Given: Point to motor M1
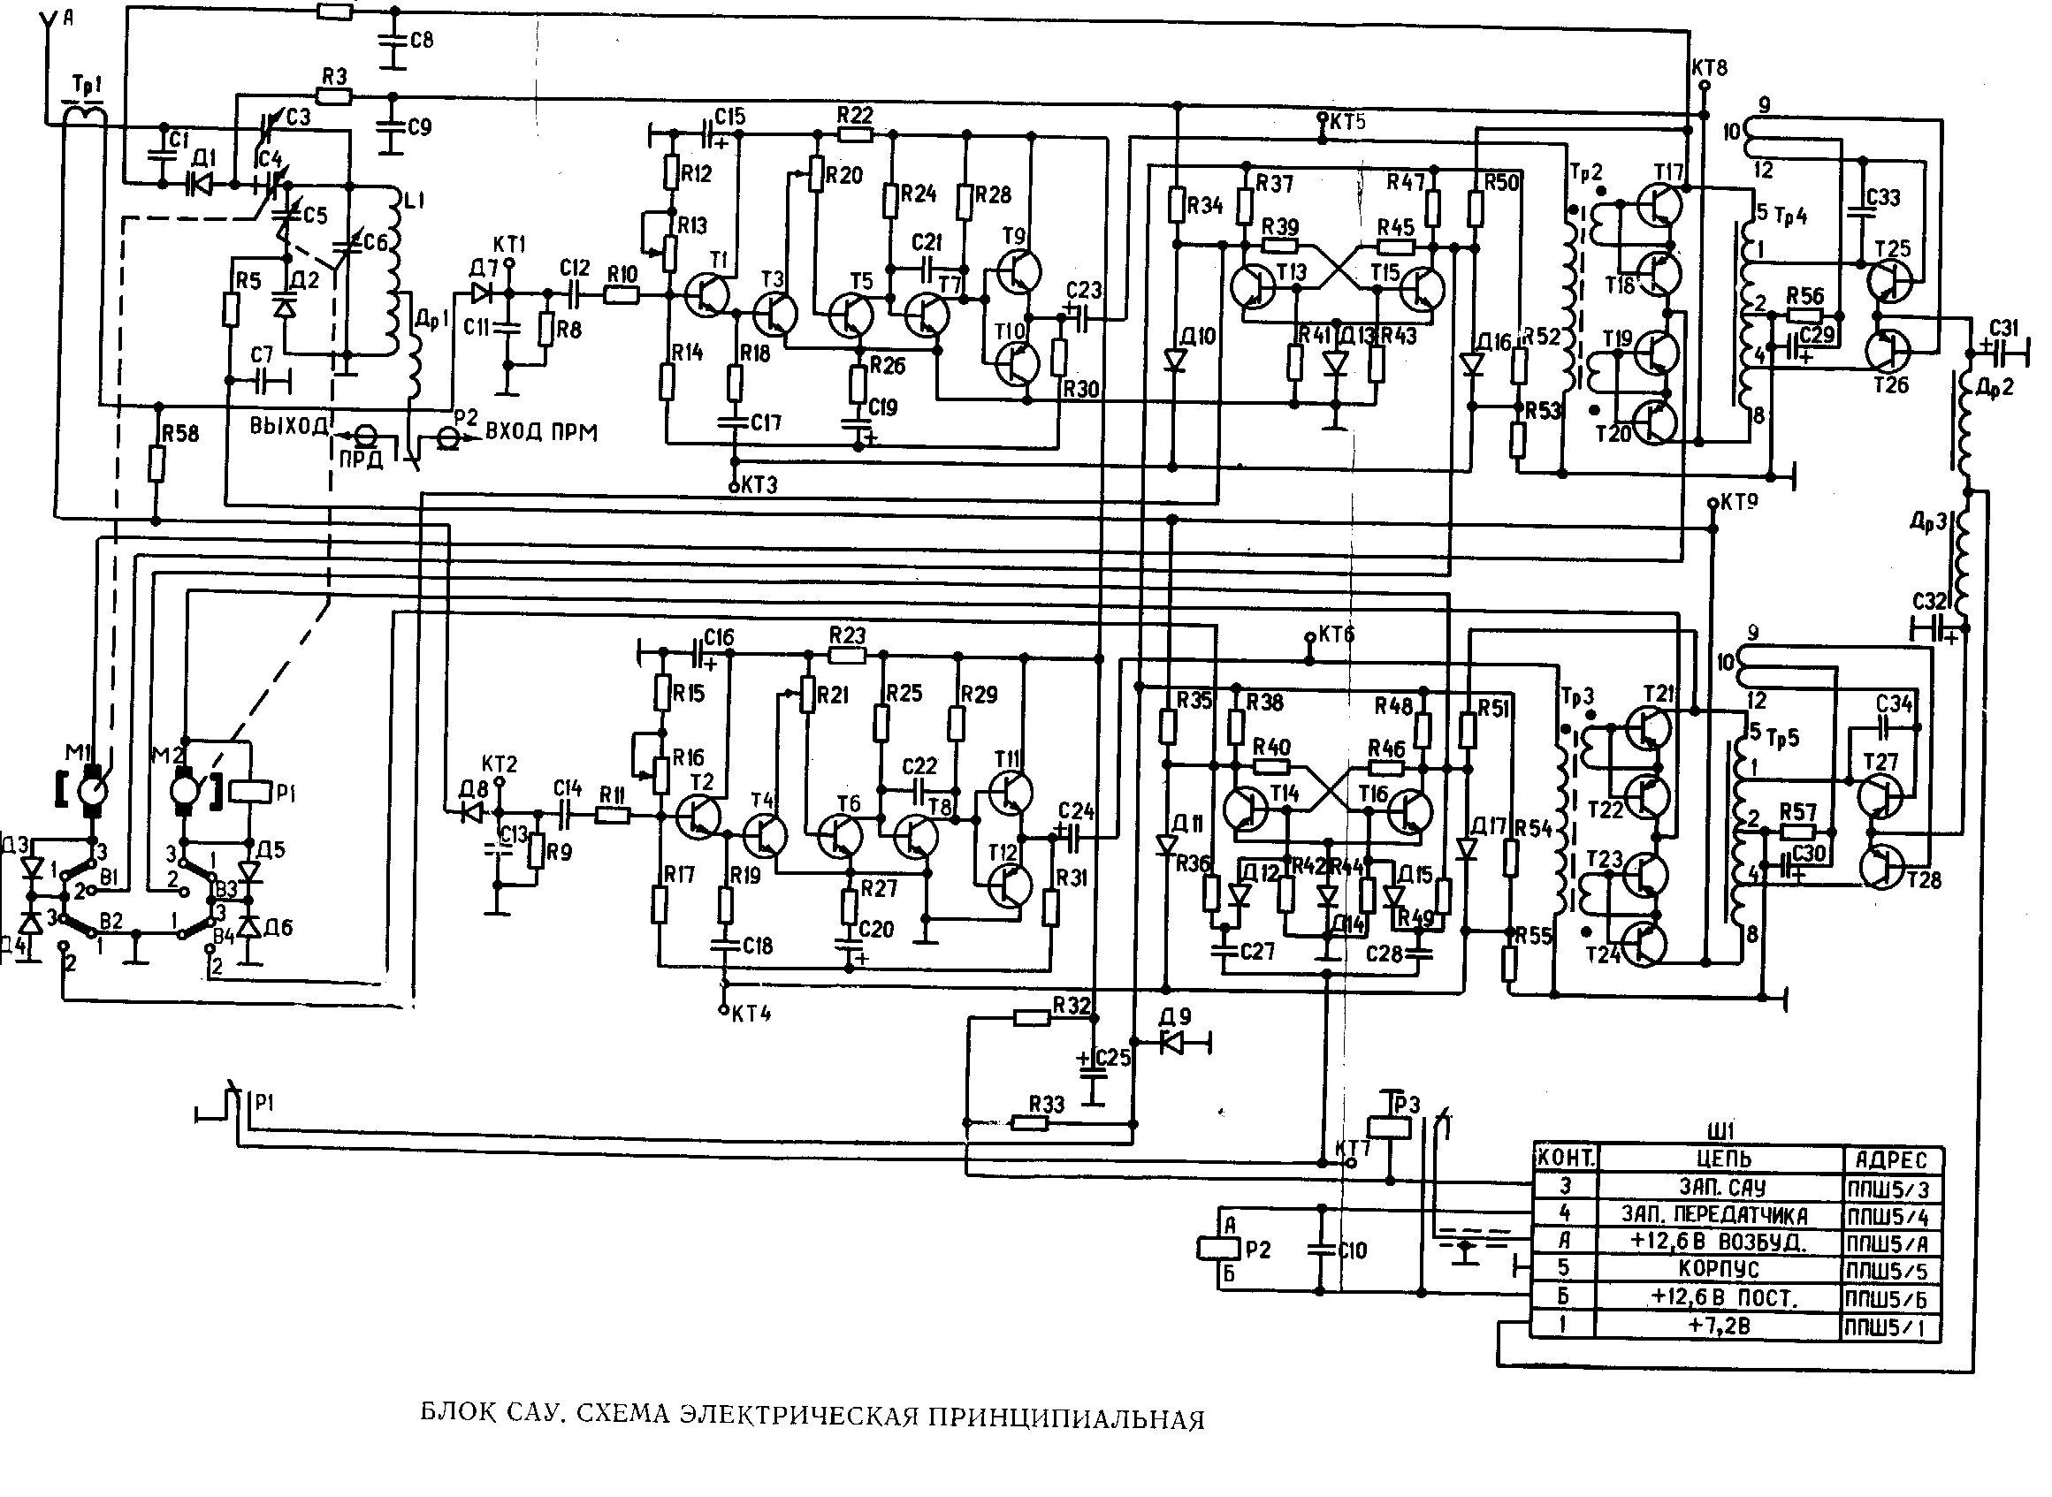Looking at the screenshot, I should (92, 788).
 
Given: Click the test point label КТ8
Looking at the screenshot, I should (1709, 68).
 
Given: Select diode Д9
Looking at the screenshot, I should (1174, 1043).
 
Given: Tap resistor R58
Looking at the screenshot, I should (157, 466).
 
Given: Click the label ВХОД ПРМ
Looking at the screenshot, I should (541, 432).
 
